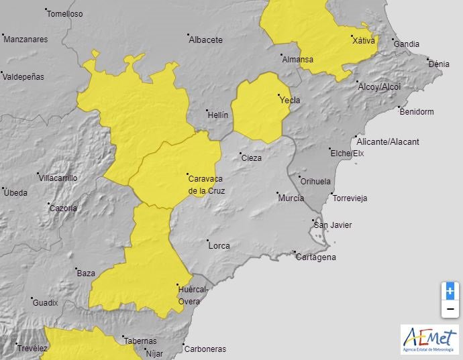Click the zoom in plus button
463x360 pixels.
tap(450, 291)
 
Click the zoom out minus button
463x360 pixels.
tap(450, 309)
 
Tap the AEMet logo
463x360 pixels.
tap(429, 339)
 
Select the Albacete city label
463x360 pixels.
tap(205, 40)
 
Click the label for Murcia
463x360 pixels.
tap(291, 198)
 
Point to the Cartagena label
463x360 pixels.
tap(317, 257)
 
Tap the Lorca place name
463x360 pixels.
tap(219, 246)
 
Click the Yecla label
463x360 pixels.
tap(290, 101)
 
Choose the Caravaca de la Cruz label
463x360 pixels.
tap(206, 184)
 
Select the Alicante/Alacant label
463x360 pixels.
tap(388, 141)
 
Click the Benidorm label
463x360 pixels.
tap(416, 111)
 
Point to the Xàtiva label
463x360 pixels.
tap(364, 41)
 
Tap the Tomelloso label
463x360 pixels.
tap(65, 13)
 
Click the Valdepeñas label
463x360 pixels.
tap(23, 76)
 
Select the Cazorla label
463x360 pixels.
tap(63, 208)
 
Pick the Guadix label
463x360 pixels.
tap(46, 303)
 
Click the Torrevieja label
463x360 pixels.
tap(350, 198)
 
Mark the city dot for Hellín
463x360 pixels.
tap(207, 111)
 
